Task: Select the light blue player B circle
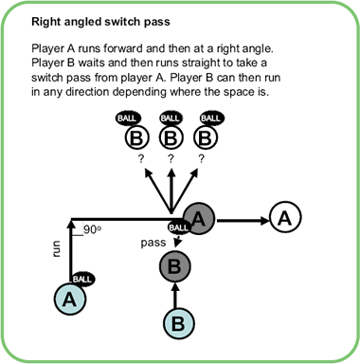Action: tap(177, 322)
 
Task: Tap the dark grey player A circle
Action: tap(200, 218)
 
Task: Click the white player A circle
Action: tap(285, 218)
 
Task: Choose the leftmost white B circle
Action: tap(137, 139)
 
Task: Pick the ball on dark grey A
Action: tap(179, 227)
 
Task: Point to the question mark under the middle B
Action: tap(172, 159)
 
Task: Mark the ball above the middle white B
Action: tap(170, 118)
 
